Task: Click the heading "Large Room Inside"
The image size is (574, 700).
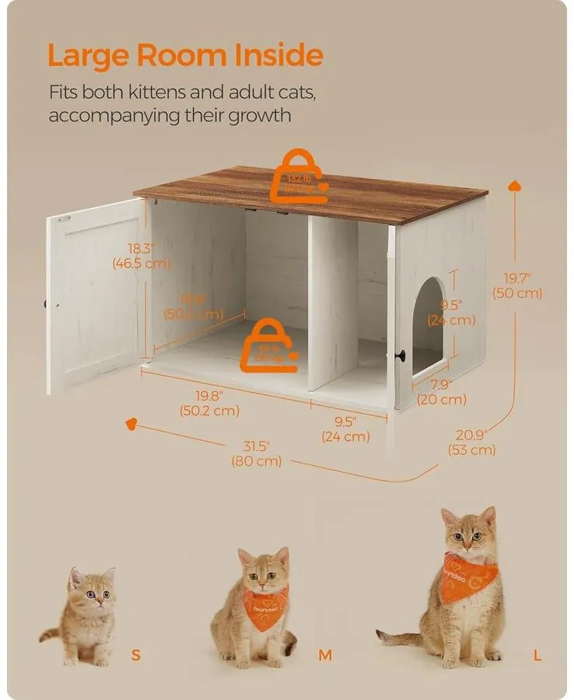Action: coord(185,55)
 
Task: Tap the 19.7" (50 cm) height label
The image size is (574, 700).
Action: coord(517,285)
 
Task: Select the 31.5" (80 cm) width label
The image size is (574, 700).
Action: coord(256,453)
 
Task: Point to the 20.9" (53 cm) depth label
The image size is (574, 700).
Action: coord(472,442)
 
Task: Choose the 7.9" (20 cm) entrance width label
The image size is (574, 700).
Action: coord(440,391)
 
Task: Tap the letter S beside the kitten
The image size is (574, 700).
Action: coord(137,655)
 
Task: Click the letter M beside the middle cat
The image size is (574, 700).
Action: coord(325,655)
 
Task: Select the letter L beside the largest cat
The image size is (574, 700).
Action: coord(537,655)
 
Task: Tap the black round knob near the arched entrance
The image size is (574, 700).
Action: coord(401,355)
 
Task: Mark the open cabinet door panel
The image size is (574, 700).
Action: coord(93,294)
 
